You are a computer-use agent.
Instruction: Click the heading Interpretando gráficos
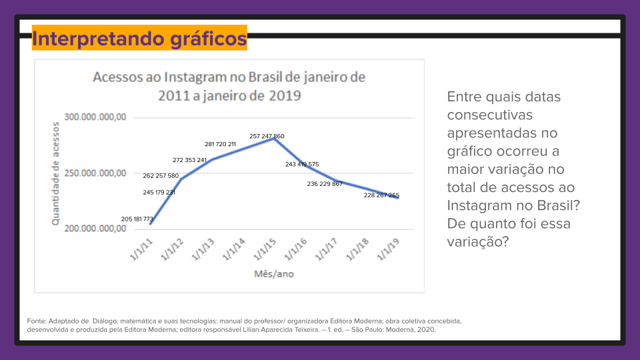pos(139,38)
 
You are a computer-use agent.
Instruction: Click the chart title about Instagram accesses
pos(229,85)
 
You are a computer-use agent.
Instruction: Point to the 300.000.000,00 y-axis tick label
pos(95,117)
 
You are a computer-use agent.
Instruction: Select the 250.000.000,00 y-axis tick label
pos(95,173)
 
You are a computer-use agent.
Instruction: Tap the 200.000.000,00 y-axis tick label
pos(95,229)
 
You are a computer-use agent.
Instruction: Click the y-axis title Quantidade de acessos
pos(56,173)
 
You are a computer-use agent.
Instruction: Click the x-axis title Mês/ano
pos(273,274)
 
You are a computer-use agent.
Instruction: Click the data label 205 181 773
pos(137,219)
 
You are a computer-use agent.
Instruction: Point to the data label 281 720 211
pos(220,144)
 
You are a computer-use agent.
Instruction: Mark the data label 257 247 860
pos(267,136)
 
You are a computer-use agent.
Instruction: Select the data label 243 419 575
pos(302,164)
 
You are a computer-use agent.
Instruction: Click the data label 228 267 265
pos(381,195)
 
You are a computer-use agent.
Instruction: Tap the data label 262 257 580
pos(161,176)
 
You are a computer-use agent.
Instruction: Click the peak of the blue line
pos(273,138)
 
